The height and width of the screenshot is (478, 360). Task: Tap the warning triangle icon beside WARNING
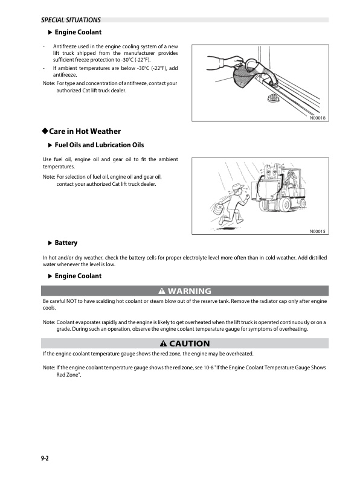[x=153, y=291]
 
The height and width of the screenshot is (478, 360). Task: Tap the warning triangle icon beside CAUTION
[x=155, y=343]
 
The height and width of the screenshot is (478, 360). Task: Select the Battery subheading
[x=66, y=243]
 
